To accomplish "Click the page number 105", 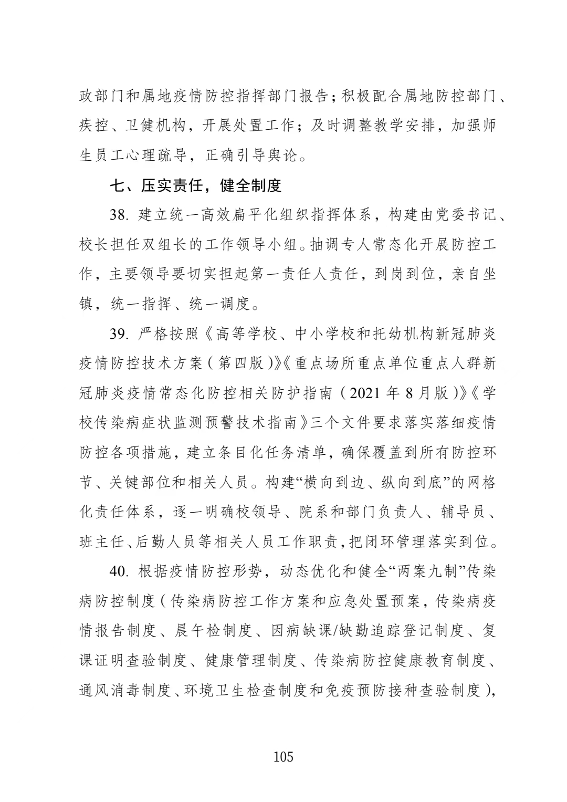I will pos(283,756).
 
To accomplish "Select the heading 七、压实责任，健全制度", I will pos(195,185).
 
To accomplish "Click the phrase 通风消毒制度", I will pos(124,690).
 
